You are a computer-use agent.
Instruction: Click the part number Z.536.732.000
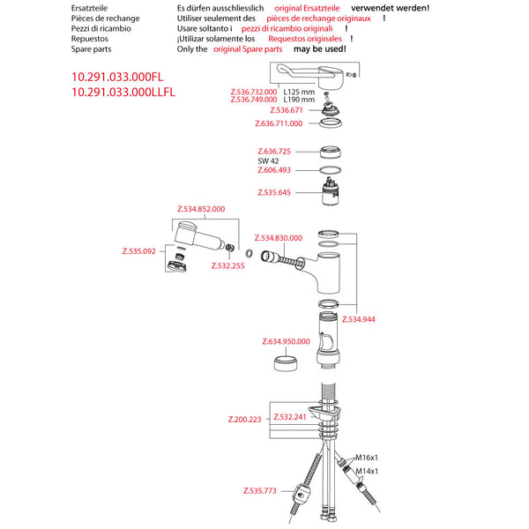[253, 91]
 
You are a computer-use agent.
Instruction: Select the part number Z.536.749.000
[253, 100]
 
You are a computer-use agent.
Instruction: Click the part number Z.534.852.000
[201, 209]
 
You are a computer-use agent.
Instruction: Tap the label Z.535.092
[138, 251]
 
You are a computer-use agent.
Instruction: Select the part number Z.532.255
[227, 264]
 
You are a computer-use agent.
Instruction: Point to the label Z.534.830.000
[278, 238]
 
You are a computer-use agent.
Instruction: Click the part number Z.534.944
[359, 318]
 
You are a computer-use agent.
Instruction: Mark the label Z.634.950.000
[287, 341]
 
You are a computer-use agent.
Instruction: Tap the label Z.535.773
[259, 489]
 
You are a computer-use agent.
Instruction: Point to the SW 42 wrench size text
[268, 161]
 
